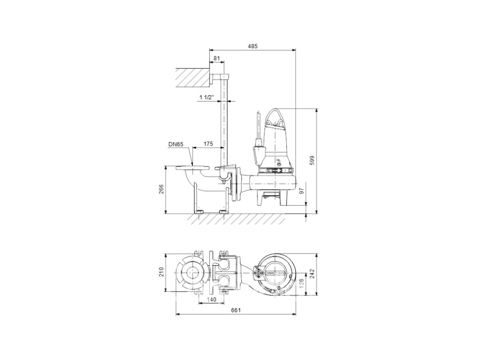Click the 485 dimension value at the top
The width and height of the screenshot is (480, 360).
[253, 46]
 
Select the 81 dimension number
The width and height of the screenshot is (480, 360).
[217, 58]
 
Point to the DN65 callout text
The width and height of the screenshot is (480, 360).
[176, 144]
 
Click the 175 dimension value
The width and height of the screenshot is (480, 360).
[208, 144]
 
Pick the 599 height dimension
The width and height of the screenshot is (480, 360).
[312, 160]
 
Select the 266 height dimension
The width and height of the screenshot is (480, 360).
[162, 189]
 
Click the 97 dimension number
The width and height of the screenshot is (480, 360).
[301, 191]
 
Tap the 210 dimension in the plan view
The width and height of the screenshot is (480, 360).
[162, 272]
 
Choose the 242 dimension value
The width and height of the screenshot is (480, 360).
[312, 274]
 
